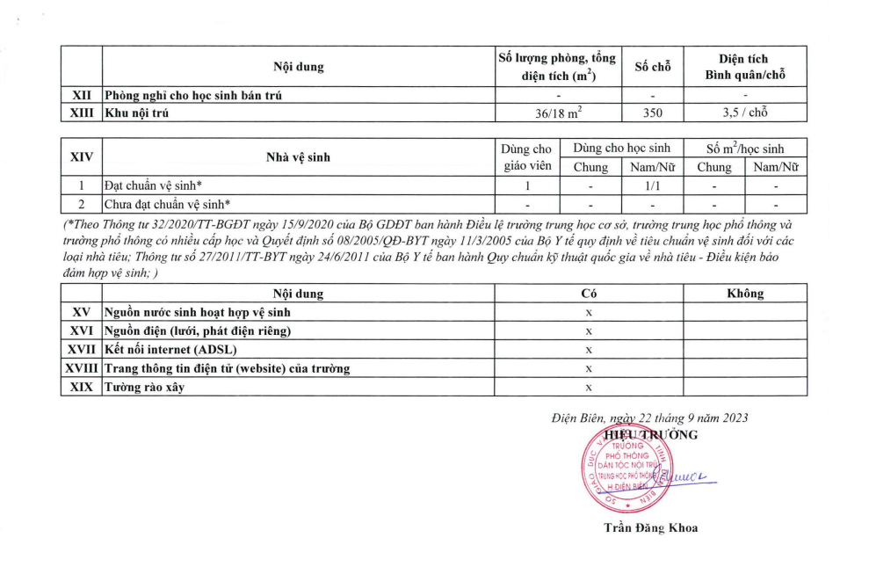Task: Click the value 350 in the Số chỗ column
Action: [x=652, y=113]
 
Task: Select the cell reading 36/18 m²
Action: [x=557, y=113]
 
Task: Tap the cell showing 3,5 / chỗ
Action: [x=745, y=113]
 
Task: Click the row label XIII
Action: [x=81, y=113]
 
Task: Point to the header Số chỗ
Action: [x=652, y=68]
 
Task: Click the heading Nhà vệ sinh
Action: [x=298, y=157]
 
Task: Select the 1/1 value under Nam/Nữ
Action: [x=652, y=186]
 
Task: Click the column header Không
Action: [x=745, y=293]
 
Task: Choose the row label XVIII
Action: [x=81, y=368]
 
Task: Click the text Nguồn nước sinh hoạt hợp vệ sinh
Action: [x=197, y=312]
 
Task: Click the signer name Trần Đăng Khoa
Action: [x=650, y=527]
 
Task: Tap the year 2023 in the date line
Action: [x=733, y=418]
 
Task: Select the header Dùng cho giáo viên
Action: [x=527, y=157]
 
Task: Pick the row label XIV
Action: [x=81, y=157]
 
